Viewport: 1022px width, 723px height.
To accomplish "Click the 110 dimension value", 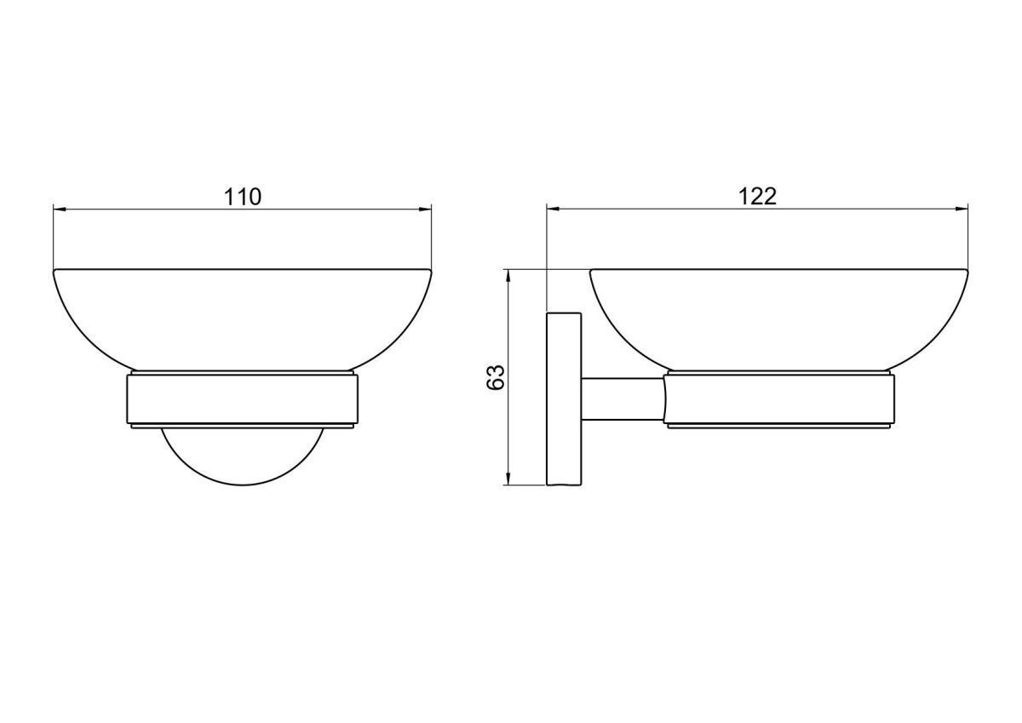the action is [x=243, y=197].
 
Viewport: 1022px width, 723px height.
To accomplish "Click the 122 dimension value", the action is [x=757, y=197].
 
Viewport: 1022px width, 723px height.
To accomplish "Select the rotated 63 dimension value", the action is [x=496, y=376].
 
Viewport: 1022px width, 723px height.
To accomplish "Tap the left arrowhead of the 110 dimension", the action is [x=60, y=209].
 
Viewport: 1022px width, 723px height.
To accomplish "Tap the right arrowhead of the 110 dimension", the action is [x=425, y=209].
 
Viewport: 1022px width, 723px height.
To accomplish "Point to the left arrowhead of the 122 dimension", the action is [x=553, y=209].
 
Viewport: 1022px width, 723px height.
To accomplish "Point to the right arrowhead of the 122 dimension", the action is [x=962, y=209].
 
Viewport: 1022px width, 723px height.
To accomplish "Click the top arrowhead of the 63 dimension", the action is [x=508, y=276].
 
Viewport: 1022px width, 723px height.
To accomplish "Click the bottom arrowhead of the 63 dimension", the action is [x=508, y=479].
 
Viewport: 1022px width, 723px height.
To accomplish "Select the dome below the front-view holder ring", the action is [x=242, y=484].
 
